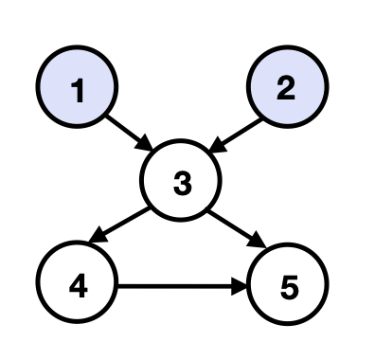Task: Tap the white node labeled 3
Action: pos(181,183)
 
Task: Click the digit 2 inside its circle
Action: pos(286,89)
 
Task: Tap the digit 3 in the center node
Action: pos(181,184)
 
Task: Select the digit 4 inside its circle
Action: pos(78,283)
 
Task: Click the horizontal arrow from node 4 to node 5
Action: pos(180,282)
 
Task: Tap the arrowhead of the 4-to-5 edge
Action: pos(241,282)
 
